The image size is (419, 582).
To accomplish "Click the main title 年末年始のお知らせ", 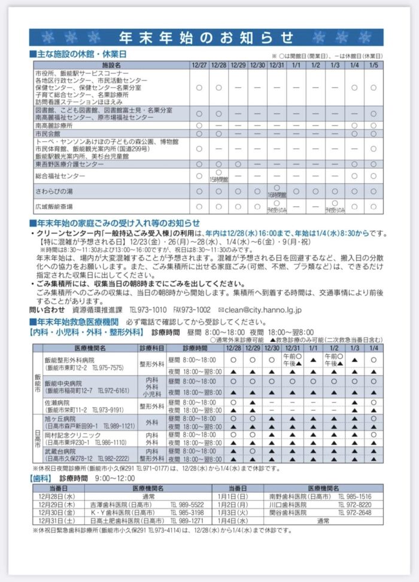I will click(209, 38).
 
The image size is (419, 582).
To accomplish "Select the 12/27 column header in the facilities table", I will click(199, 64).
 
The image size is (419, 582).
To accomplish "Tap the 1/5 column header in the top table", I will click(374, 64).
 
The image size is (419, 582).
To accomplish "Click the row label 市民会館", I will click(49, 133).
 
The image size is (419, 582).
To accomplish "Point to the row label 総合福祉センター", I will click(60, 176).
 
